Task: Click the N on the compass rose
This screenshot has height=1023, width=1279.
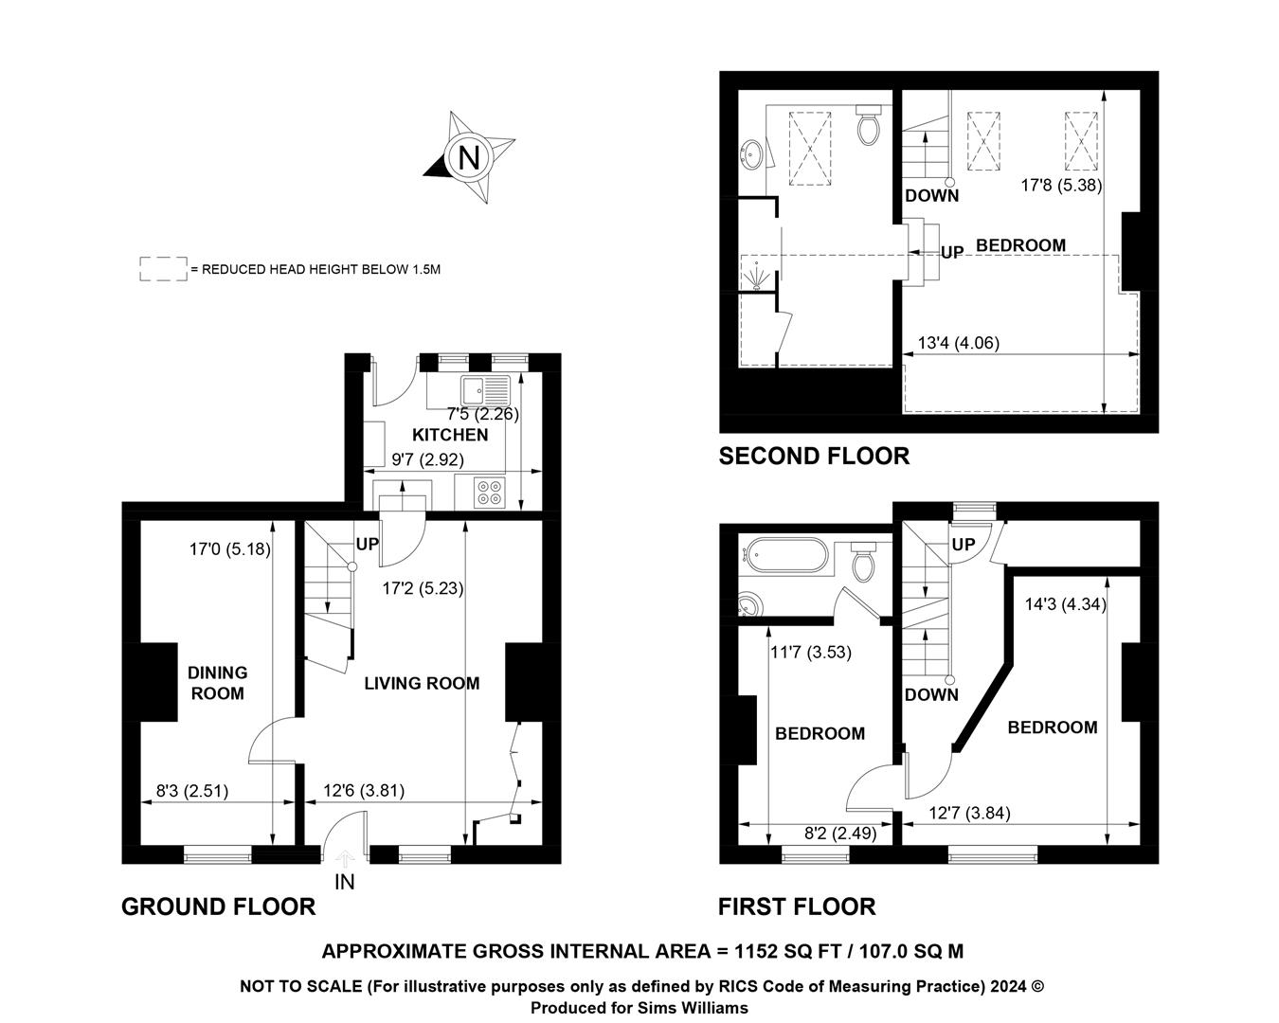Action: pos(469,158)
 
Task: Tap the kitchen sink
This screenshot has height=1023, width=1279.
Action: pos(486,390)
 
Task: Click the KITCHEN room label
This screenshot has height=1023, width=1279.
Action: pos(450,435)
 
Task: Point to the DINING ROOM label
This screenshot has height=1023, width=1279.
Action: pos(218,683)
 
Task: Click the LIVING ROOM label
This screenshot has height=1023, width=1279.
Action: pos(422,683)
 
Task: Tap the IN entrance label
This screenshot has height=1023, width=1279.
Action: pos(345,882)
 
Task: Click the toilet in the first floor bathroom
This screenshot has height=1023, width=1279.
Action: pos(863,563)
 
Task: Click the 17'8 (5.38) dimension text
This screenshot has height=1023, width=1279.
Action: pos(1061,186)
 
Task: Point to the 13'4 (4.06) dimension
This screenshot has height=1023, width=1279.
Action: pos(959,343)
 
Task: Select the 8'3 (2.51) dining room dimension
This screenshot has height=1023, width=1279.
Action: pos(192,791)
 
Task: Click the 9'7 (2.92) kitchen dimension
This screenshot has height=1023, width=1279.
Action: pos(428,459)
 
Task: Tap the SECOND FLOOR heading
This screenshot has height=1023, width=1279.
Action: pos(814,456)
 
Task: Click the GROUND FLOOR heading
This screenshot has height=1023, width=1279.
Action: pos(219,906)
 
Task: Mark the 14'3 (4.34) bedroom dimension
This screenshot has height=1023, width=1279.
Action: pos(1066,604)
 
